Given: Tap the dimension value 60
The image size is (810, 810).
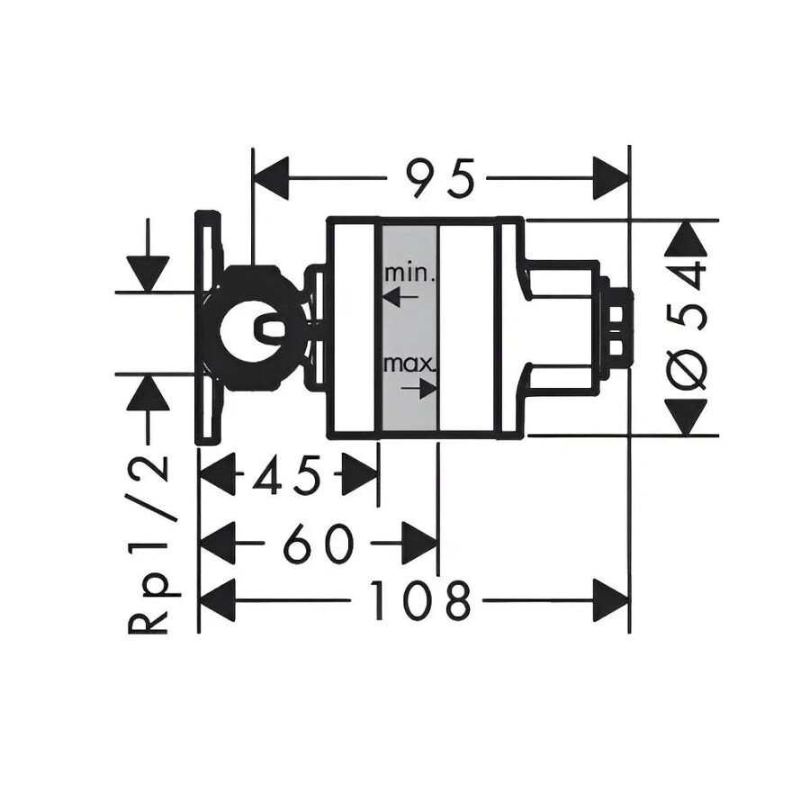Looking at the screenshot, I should (317, 544).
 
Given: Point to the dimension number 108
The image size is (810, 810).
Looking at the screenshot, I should (423, 599).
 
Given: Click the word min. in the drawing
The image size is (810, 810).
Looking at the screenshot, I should (409, 272).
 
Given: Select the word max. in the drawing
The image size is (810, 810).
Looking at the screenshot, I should (409, 365).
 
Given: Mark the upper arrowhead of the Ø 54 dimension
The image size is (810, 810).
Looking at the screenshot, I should (688, 238).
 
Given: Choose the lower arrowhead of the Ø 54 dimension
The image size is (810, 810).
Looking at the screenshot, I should (688, 416).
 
